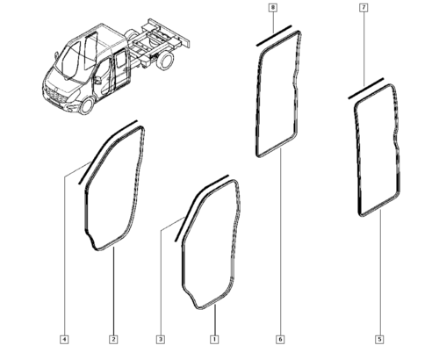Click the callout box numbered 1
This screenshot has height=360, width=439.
[214, 340]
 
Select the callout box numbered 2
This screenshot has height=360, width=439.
[113, 340]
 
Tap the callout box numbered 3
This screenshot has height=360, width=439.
[161, 340]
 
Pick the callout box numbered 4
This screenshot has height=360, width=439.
[64, 340]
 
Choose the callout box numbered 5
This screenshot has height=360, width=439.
[379, 340]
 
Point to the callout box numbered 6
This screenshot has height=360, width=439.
[280, 340]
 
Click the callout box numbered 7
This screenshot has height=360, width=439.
[363, 8]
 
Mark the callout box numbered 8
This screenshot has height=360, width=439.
[273, 8]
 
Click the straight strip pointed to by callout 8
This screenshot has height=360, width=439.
[274, 36]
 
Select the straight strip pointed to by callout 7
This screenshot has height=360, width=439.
[365, 89]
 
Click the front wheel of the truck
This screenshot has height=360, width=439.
[87, 106]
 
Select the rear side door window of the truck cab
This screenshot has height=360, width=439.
[120, 61]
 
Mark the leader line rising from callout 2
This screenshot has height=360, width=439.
[113, 291]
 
